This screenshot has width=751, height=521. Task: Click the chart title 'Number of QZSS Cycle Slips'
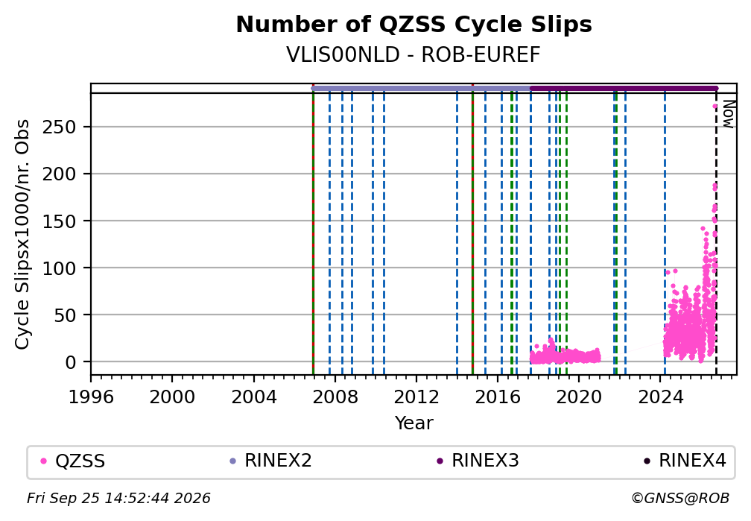[x=413, y=25]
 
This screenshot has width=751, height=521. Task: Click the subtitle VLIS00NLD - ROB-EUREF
[x=413, y=55]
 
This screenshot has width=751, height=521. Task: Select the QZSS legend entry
[x=73, y=461]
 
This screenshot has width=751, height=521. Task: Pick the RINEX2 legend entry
[x=270, y=461]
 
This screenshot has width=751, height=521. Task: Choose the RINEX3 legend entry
[x=478, y=461]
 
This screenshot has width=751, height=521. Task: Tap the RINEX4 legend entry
[x=685, y=461]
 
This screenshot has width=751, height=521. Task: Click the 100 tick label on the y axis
[x=60, y=268]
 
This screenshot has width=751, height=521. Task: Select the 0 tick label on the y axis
[x=70, y=362]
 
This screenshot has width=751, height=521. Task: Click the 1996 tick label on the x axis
[x=91, y=397]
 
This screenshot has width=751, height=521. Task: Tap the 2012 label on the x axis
[x=416, y=397]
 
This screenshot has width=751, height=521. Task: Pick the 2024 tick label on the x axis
[x=660, y=397]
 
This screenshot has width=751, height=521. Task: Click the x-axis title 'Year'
[x=413, y=423]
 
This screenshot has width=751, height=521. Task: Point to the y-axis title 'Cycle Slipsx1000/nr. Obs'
[x=22, y=234]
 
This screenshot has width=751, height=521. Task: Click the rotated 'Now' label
[x=728, y=113]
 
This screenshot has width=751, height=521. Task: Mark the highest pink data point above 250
[x=714, y=107]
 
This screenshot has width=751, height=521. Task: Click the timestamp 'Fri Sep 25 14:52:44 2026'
[x=118, y=499]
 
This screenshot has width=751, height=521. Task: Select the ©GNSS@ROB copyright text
[x=680, y=499]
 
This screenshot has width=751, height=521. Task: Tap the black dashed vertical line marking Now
[x=716, y=234]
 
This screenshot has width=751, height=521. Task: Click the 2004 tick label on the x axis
[x=254, y=397]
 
